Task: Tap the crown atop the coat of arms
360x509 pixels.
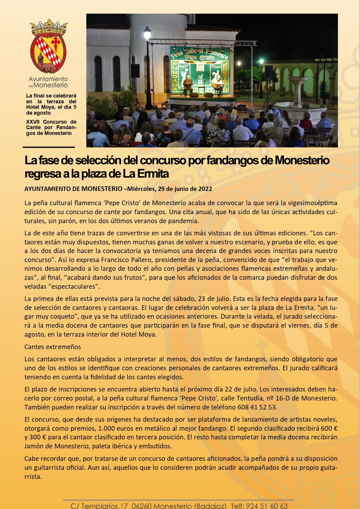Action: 49,27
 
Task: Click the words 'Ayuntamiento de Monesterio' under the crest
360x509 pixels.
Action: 48,82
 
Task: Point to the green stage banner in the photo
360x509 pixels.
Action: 200,70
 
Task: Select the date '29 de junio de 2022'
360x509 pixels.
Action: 185,189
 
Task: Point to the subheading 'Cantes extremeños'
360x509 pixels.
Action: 53,347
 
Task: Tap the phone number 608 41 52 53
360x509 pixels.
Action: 257,407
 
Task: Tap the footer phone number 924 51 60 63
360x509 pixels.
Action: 267,506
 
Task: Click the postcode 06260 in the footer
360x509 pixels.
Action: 141,506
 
